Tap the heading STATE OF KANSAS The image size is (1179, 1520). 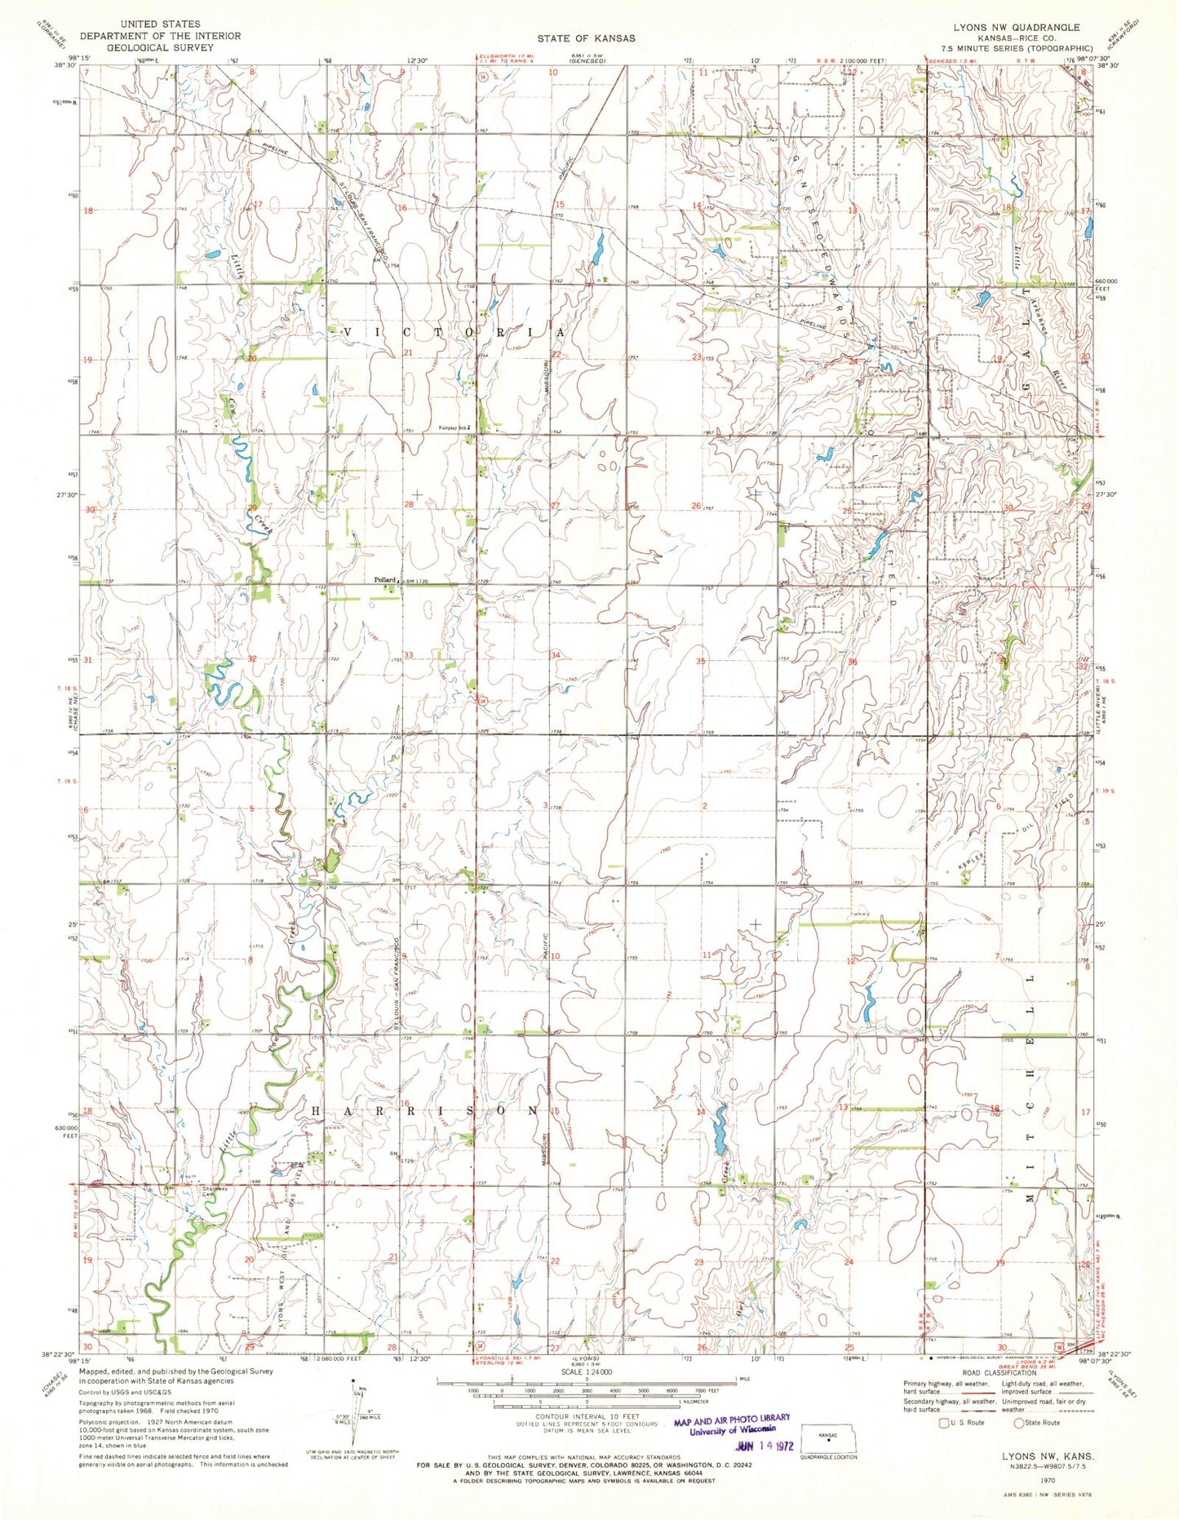click(x=585, y=38)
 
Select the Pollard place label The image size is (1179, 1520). click(x=384, y=580)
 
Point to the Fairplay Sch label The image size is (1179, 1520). click(x=455, y=428)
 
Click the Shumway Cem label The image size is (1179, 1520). click(x=215, y=1192)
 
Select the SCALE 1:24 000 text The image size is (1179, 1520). click(x=587, y=1373)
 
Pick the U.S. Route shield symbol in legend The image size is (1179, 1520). click(x=945, y=1423)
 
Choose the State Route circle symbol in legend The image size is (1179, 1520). click(x=1018, y=1423)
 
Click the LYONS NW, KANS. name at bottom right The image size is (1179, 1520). click(x=1048, y=1456)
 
